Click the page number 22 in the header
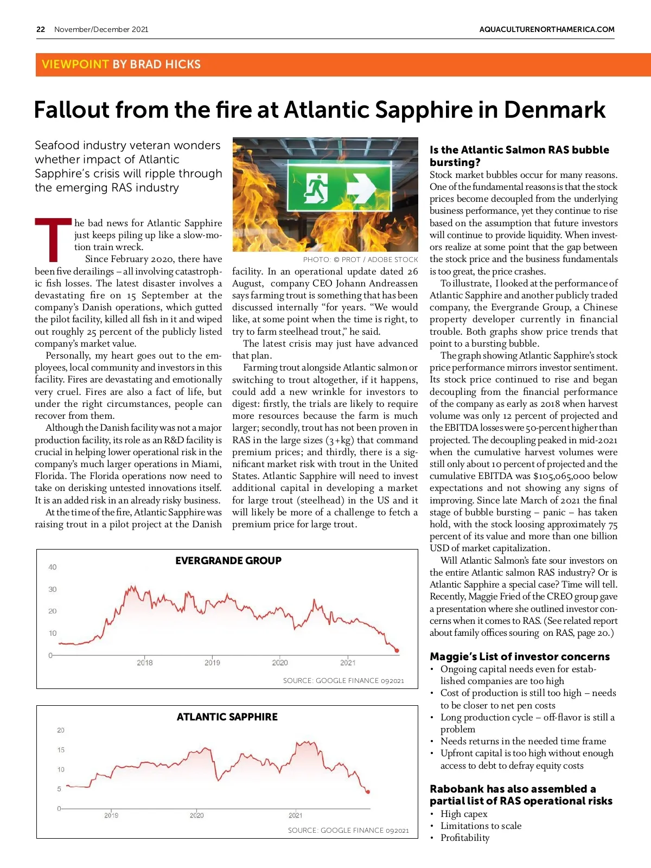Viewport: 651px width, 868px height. [41, 29]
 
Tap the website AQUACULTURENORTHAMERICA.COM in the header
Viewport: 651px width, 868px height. [547, 29]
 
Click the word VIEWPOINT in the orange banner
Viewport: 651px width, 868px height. [75, 64]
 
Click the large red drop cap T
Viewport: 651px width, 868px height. [53, 239]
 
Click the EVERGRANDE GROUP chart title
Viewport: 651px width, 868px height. [228, 560]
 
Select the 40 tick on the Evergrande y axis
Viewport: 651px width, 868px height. [52, 567]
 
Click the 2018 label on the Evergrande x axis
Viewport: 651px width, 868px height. [145, 662]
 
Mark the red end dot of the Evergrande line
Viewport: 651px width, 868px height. [397, 650]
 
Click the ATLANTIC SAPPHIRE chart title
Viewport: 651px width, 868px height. [227, 717]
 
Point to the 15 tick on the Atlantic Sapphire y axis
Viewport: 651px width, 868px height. [61, 750]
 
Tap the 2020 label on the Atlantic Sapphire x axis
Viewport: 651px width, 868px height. [197, 815]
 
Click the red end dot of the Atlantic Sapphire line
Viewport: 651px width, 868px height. [368, 792]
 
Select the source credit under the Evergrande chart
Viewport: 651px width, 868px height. [343, 680]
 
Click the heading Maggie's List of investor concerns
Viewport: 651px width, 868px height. [520, 656]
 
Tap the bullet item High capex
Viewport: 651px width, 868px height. [464, 814]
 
